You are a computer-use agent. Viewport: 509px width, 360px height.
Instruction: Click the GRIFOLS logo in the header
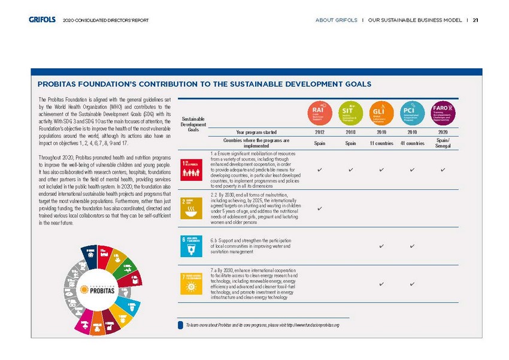(x=42, y=20)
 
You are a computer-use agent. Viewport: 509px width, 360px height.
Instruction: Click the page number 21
(x=475, y=20)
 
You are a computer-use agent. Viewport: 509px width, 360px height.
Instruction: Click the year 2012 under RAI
(x=320, y=132)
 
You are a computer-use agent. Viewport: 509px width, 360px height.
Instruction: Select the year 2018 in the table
(x=350, y=132)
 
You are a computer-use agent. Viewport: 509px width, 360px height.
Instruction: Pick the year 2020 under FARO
(x=443, y=132)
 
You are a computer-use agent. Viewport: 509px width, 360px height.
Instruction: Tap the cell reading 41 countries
(x=413, y=143)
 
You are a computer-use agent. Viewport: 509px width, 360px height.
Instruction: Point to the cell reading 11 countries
(x=381, y=143)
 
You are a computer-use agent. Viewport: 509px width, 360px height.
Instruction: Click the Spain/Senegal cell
(x=443, y=143)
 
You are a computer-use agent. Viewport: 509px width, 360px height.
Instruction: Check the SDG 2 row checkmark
(x=320, y=208)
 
